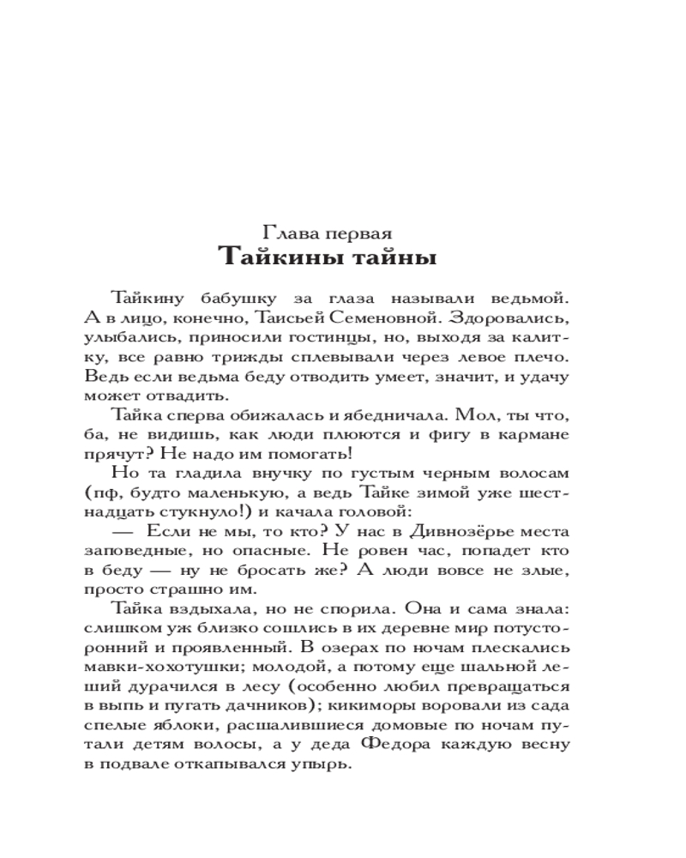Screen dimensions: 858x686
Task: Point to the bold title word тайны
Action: coord(406,257)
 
